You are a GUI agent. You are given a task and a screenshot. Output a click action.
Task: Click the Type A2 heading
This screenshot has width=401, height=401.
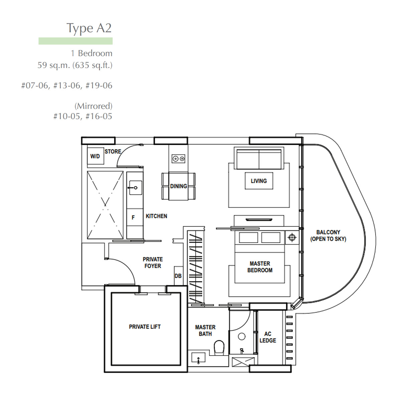click(x=89, y=28)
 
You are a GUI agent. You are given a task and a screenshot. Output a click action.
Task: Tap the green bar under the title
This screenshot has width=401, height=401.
click(x=76, y=41)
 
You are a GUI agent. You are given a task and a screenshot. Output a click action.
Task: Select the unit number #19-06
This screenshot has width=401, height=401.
click(x=99, y=86)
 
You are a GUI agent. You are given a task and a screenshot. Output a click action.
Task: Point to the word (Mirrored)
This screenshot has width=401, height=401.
click(x=94, y=106)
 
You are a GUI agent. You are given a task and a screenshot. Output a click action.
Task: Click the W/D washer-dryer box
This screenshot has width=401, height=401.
click(x=96, y=156)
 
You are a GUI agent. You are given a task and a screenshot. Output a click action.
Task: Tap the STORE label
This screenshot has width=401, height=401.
click(x=113, y=151)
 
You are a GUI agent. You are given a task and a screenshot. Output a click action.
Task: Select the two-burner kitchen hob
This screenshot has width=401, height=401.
click(x=178, y=159)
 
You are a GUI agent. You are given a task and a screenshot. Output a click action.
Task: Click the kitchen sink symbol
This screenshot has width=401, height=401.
click(x=135, y=188)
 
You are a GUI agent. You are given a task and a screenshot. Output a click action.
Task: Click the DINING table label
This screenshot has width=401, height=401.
click(x=178, y=186)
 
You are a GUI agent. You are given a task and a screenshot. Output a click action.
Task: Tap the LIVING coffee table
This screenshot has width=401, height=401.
click(x=259, y=181)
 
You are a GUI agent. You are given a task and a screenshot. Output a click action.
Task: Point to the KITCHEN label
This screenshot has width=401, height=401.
click(x=156, y=216)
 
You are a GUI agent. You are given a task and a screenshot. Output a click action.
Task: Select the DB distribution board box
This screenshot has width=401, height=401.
click(x=178, y=276)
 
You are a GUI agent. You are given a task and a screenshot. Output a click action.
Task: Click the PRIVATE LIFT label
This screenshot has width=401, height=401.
click(x=145, y=327)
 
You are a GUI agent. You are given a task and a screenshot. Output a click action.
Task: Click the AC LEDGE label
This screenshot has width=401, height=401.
click(x=268, y=337)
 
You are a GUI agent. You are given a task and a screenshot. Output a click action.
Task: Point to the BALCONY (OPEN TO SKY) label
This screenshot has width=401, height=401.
click(x=328, y=236)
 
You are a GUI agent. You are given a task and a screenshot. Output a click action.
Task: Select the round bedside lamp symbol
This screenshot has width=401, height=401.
click(x=292, y=237)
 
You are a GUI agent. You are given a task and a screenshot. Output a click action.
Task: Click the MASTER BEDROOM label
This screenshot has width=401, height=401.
click(x=260, y=267)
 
